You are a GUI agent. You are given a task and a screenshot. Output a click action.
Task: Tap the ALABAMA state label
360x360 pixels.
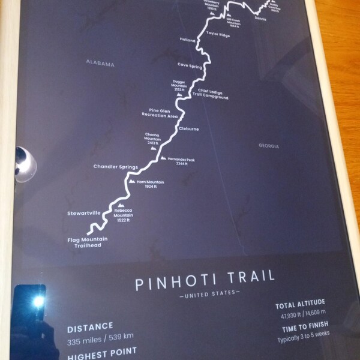100,63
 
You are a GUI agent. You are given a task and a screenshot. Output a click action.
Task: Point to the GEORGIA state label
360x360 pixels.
269,146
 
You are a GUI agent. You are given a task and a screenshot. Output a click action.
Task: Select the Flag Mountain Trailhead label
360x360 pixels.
88,242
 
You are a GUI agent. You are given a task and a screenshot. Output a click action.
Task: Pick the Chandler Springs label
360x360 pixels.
116,166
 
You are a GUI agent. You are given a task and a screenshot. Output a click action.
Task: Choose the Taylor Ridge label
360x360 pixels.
218,35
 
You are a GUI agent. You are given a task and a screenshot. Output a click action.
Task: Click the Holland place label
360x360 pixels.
188,40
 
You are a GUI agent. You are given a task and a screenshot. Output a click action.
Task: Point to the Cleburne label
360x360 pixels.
188,128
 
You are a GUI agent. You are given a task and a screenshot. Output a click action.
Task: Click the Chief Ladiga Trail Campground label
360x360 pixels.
213,94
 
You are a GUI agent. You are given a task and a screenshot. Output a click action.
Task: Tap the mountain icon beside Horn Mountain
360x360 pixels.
132,181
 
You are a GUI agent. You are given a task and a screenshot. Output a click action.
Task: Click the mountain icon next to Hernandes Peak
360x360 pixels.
163,158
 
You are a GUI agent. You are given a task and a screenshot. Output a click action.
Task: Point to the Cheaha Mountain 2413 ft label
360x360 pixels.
152,139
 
